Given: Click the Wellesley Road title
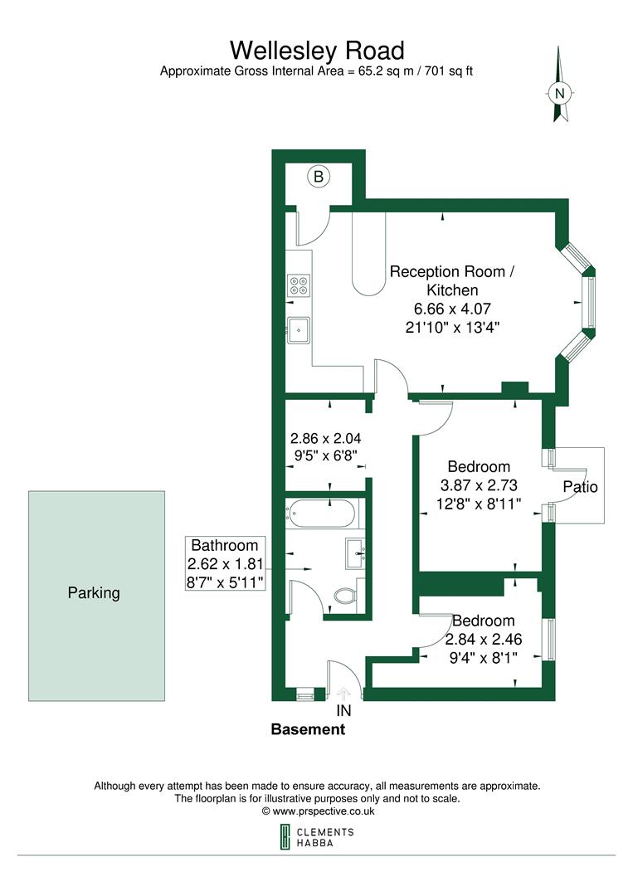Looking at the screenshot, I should point(316,51).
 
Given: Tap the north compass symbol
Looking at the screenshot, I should point(561,87).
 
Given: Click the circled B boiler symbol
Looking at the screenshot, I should point(319,176).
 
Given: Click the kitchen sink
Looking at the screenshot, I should point(299,330).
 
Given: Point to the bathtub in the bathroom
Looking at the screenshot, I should point(322,514).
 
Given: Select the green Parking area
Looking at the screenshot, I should point(96,595).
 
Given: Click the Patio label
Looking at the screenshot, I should point(580,487).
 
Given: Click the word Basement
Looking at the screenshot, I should point(308,730).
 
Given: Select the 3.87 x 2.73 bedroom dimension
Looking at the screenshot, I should point(479,485).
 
